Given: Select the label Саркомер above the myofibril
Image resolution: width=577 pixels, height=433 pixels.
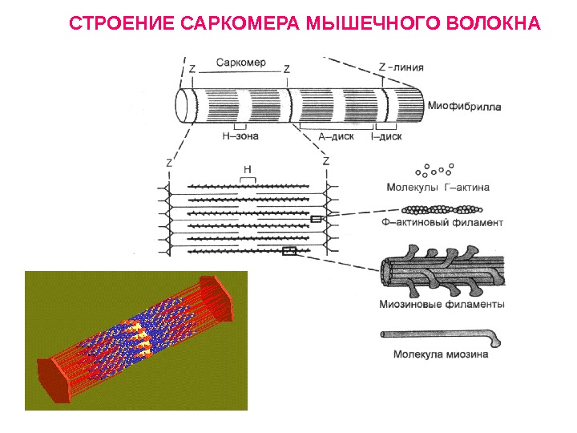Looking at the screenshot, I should tap(240, 63).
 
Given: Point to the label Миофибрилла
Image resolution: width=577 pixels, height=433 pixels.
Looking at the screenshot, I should tap(467, 105).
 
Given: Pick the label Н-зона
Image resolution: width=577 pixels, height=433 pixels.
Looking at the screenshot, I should tap(240, 136).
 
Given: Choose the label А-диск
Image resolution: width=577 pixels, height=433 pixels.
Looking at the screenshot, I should tap(337, 136).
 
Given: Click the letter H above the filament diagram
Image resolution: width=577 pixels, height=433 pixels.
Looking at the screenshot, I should tap(248, 171).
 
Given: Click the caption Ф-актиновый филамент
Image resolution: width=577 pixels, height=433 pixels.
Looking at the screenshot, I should tap(443, 223).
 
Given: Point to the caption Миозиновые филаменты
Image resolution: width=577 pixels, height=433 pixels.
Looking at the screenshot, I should tap(442, 305).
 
